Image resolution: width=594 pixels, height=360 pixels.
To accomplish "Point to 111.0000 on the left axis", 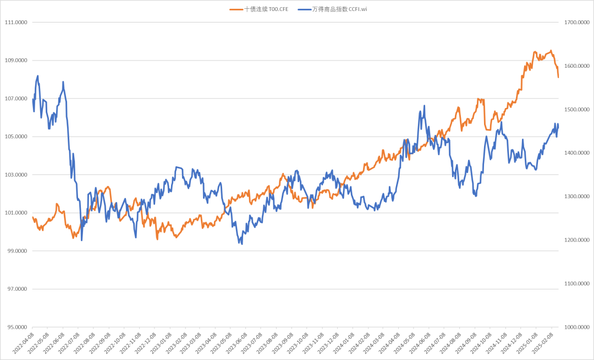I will click(x=16, y=23).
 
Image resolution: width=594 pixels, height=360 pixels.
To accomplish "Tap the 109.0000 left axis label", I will click(x=16, y=61).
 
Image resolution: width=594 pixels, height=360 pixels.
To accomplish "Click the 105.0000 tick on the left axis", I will click(x=16, y=137).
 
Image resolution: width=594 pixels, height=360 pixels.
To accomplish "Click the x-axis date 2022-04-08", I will click(x=24, y=342).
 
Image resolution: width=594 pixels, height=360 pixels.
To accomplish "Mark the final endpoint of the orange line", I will click(x=558, y=78).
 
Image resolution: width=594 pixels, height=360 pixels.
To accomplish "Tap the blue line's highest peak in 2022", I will click(x=37, y=76).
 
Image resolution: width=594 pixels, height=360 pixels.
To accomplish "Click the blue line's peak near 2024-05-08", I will click(x=424, y=106).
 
